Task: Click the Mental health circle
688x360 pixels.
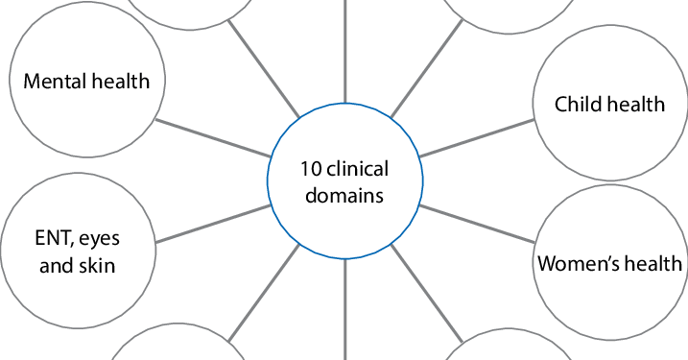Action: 86,82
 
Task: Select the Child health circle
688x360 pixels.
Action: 609,104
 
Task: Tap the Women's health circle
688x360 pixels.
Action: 609,263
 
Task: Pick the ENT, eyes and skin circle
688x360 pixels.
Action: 77,252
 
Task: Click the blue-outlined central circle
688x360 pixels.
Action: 343,182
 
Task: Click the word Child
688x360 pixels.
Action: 578,104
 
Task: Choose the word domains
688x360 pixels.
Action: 343,195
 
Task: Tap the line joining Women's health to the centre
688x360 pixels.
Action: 476,224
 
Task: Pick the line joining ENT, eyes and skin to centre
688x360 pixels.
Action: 210,224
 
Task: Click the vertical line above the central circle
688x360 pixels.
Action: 344,48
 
